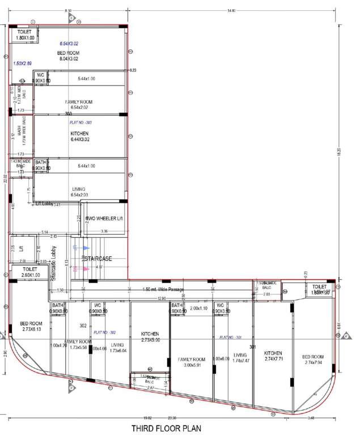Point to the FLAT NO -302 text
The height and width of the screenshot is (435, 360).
click(104, 332)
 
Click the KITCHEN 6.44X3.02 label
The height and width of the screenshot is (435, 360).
click(79, 136)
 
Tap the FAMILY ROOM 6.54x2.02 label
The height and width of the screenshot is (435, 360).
click(79, 104)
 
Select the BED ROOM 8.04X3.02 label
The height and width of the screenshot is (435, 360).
click(71, 56)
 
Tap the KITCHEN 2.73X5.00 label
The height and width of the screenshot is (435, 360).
click(150, 337)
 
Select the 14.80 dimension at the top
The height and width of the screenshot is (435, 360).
click(231, 11)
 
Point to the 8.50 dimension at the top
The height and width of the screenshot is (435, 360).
click(68, 11)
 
